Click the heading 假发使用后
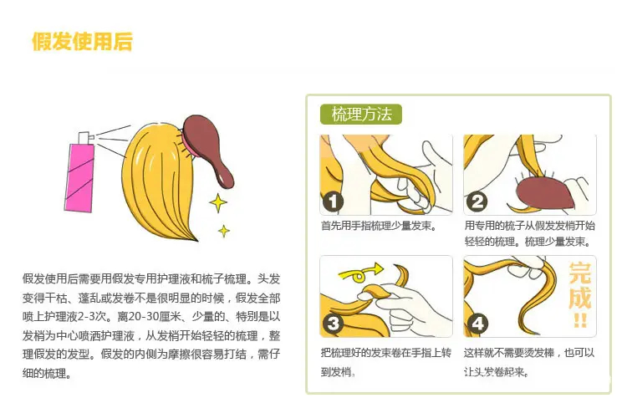pos(82,41)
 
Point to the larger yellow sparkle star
pos(218,203)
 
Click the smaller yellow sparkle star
pos(224,231)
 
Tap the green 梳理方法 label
pos(360,115)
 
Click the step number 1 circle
pos(332,202)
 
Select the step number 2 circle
pos(476,202)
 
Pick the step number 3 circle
pos(333,324)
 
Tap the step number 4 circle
pos(477,324)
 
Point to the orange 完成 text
pos(579,285)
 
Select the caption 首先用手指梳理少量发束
pos(378,226)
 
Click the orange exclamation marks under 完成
pos(580,320)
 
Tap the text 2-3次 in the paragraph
pos(92,317)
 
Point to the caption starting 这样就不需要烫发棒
pos(529,362)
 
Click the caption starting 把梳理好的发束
pos(386,362)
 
